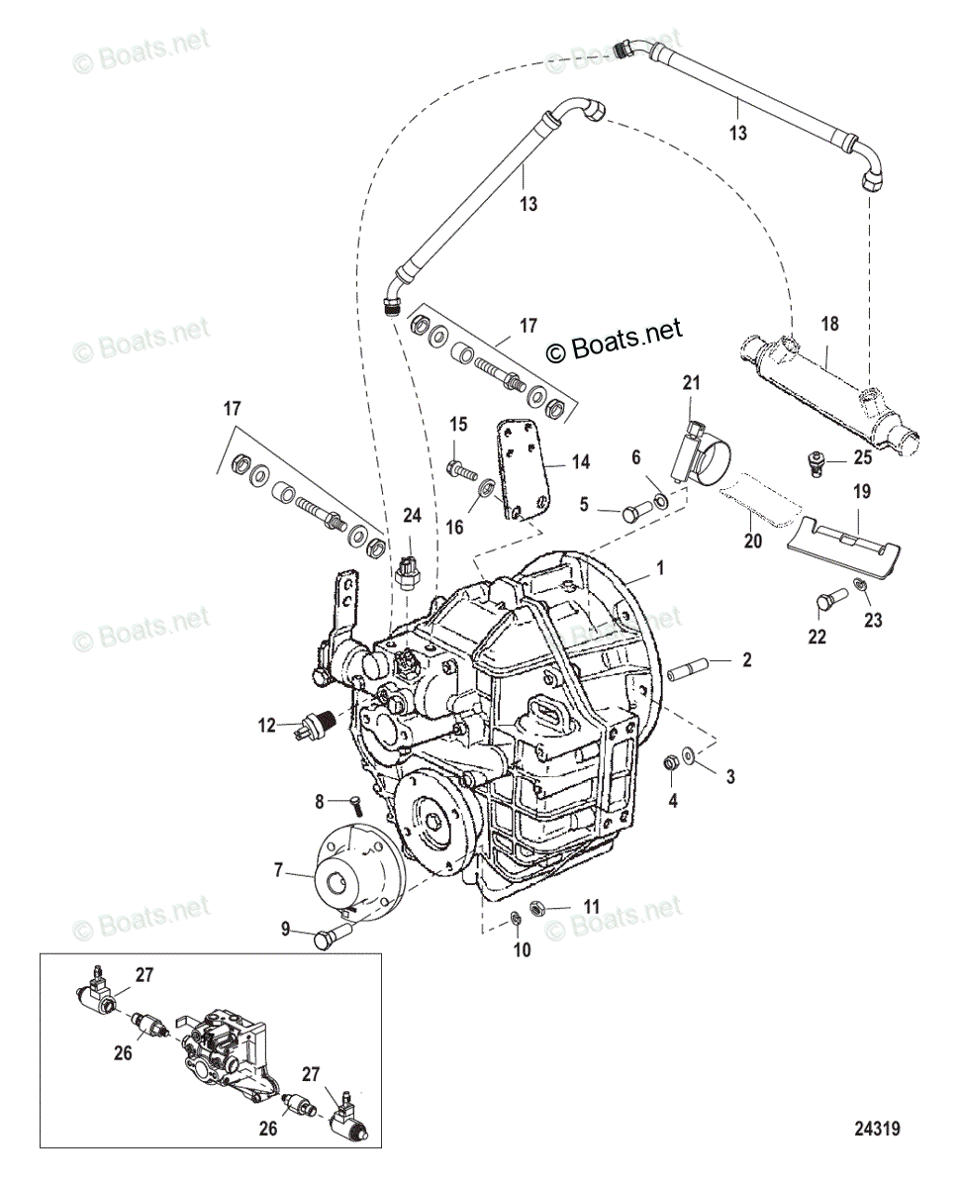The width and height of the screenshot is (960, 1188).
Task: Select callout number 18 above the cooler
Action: [x=829, y=325]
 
